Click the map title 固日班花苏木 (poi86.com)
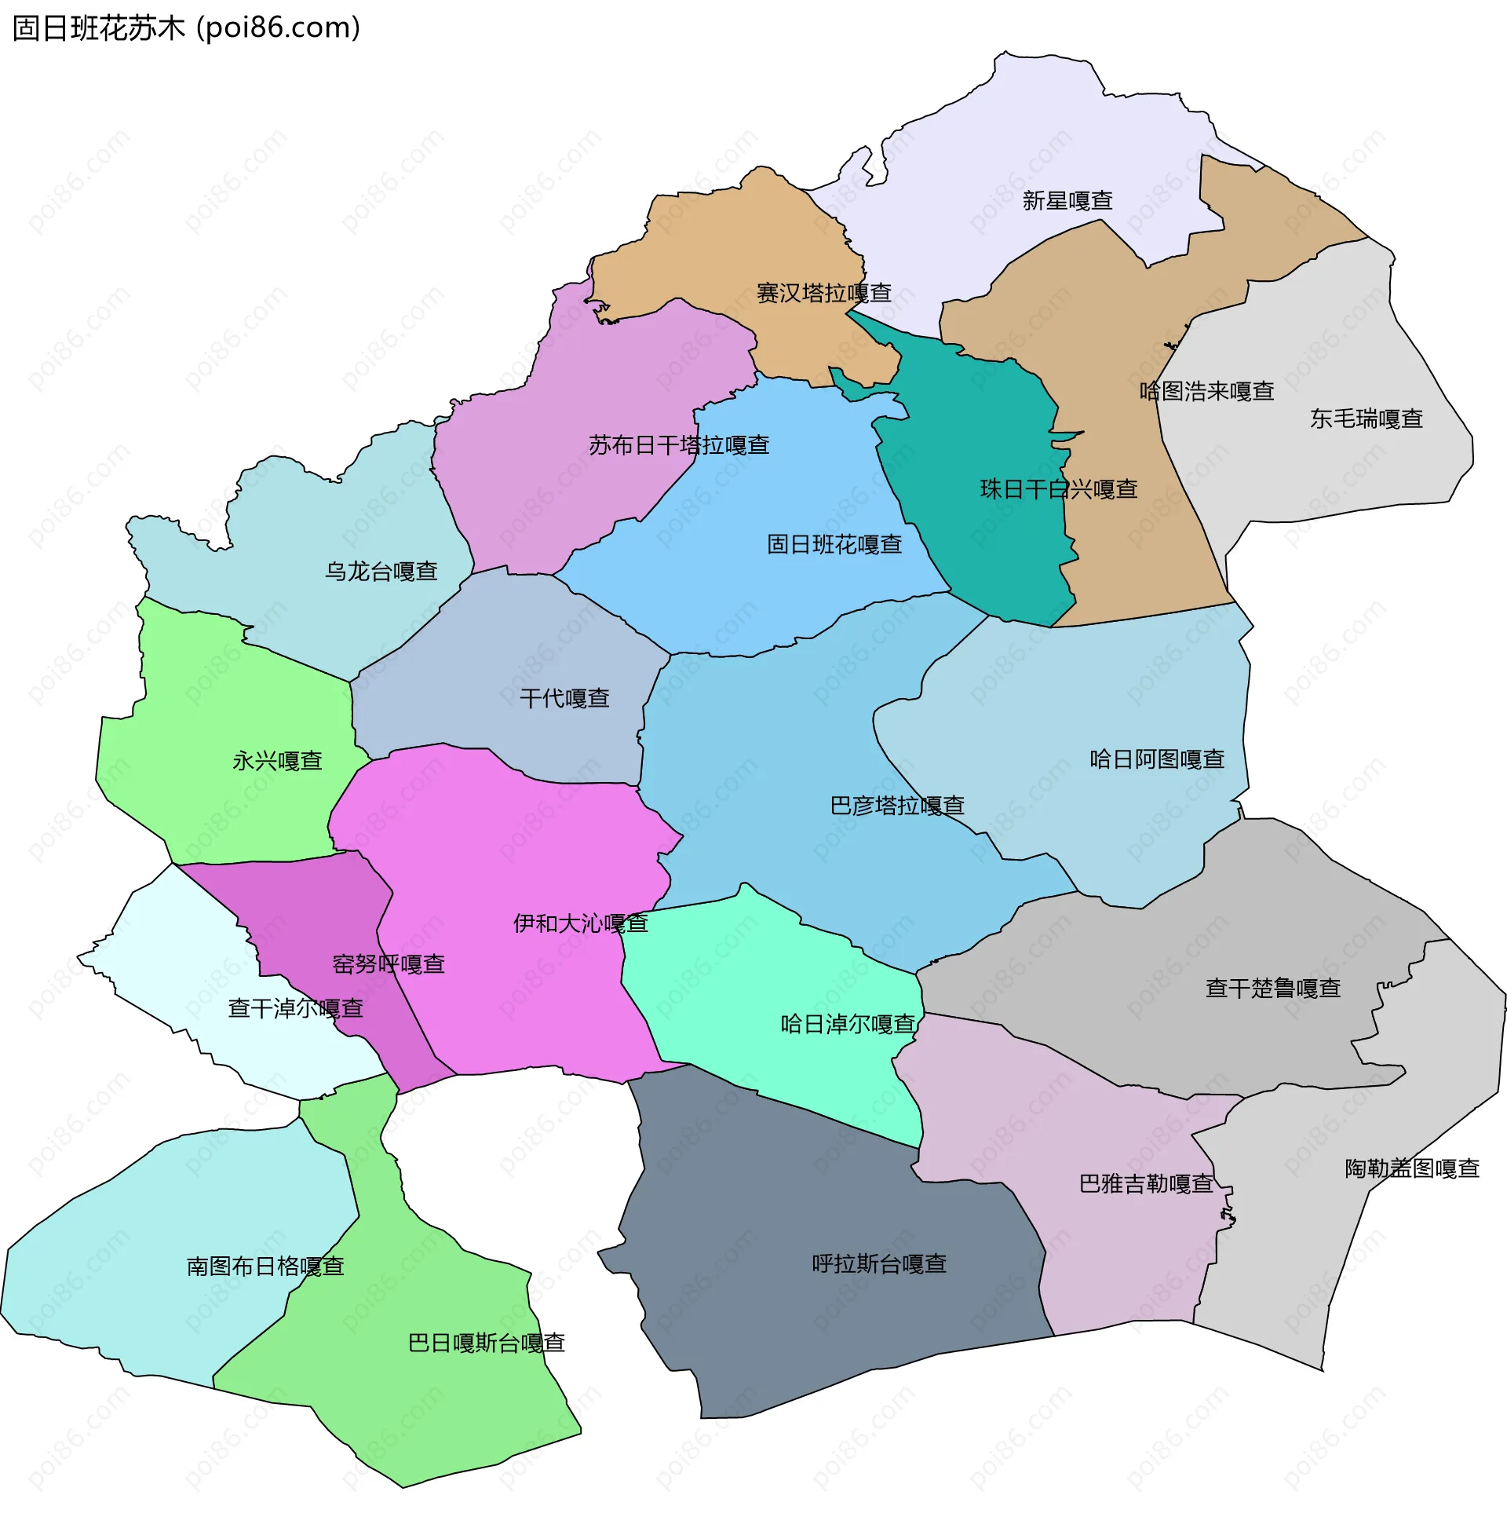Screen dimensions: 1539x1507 pyautogui.click(x=187, y=27)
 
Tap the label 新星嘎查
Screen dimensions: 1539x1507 pyautogui.click(x=1067, y=200)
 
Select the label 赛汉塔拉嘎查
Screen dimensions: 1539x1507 pyautogui.click(x=823, y=293)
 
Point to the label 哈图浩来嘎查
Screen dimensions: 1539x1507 pyautogui.click(x=1206, y=391)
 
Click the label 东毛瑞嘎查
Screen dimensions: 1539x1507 pyautogui.click(x=1367, y=419)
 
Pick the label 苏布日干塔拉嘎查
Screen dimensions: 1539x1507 pyautogui.click(x=678, y=445)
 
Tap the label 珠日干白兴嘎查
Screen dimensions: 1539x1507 pyautogui.click(x=1058, y=489)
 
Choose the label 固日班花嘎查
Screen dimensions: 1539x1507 pyautogui.click(x=834, y=544)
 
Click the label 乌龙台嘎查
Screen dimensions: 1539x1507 pyautogui.click(x=381, y=571)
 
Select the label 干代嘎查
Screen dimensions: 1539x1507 pyautogui.click(x=564, y=697)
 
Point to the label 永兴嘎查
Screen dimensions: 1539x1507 pyautogui.click(x=277, y=761)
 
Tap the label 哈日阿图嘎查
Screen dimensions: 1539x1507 pyautogui.click(x=1156, y=759)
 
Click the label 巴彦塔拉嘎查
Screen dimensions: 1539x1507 pyautogui.click(x=897, y=805)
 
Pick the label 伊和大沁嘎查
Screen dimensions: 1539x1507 pyautogui.click(x=580, y=923)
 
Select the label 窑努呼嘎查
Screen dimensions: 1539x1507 pyautogui.click(x=388, y=964)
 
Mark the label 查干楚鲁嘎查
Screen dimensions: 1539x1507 pyautogui.click(x=1272, y=988)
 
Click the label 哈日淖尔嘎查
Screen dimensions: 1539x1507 pyautogui.click(x=848, y=1024)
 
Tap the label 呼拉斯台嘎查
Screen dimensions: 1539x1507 pyautogui.click(x=878, y=1263)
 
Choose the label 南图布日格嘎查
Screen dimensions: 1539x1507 pyautogui.click(x=265, y=1266)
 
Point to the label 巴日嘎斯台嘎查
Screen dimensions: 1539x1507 pyautogui.click(x=486, y=1343)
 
